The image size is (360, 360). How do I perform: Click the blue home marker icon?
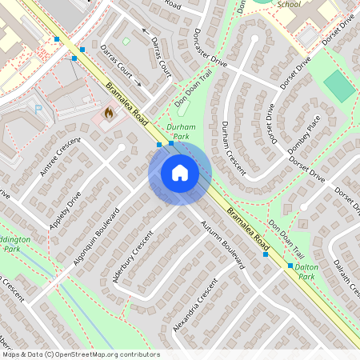[x=180, y=172]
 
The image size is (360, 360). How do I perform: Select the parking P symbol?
[x=38, y=108]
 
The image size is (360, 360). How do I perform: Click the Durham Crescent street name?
[x=236, y=144]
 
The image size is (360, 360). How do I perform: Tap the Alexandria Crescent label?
[x=194, y=306]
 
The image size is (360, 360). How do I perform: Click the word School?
[x=288, y=4]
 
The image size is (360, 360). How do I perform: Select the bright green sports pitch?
[x=339, y=86]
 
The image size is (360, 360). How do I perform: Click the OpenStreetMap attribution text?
[x=80, y=354]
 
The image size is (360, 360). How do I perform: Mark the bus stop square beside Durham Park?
[x=159, y=145]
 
